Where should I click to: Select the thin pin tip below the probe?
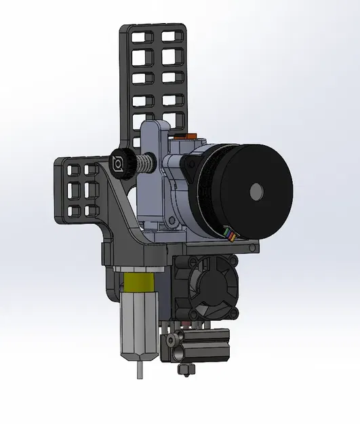[140, 370]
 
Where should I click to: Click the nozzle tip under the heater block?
[182, 369]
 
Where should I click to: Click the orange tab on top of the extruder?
[194, 136]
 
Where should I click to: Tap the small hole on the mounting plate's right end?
[252, 248]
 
